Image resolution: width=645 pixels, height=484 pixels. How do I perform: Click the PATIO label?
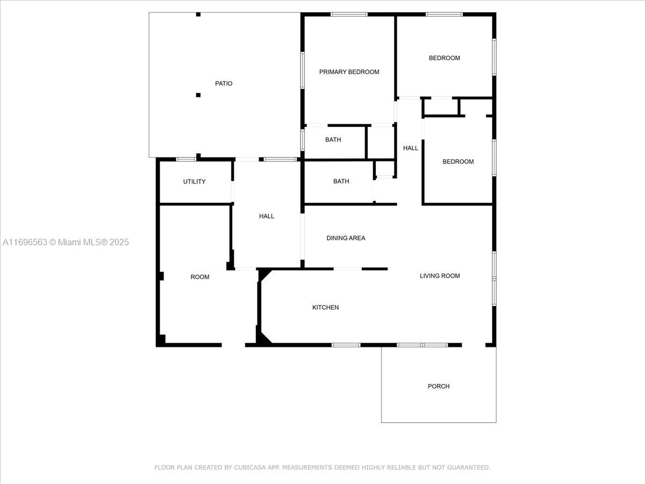tap(224, 83)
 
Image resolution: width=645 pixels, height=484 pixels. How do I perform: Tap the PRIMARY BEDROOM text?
tap(349, 72)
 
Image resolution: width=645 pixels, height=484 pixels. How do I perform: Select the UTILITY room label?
tap(194, 182)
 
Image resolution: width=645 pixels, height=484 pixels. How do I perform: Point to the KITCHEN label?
tap(325, 308)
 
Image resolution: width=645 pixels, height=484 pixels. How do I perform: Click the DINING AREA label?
tap(346, 238)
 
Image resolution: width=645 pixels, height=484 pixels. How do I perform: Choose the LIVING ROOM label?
tap(440, 276)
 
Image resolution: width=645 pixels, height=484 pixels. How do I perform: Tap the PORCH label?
tap(439, 386)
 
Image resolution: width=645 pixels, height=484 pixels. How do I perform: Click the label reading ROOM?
tap(200, 277)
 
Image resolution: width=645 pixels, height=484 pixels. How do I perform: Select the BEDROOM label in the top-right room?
tap(445, 58)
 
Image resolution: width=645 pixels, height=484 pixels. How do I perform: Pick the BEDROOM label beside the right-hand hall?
tap(458, 161)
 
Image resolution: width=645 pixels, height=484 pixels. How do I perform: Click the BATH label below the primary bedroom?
tap(333, 140)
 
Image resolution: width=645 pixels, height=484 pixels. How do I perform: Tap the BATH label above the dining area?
tap(341, 181)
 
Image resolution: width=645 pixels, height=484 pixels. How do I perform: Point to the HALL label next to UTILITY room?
tap(267, 216)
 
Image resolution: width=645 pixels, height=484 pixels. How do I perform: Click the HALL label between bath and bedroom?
tap(411, 148)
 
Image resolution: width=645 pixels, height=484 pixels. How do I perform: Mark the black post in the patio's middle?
tap(198, 95)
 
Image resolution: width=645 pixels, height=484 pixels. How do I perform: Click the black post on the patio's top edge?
tap(198, 15)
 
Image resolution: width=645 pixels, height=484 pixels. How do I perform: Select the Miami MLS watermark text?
tap(66, 242)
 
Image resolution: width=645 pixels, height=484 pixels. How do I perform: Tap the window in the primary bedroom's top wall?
tap(349, 15)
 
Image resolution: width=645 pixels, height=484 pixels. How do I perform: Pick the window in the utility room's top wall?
tap(186, 159)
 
